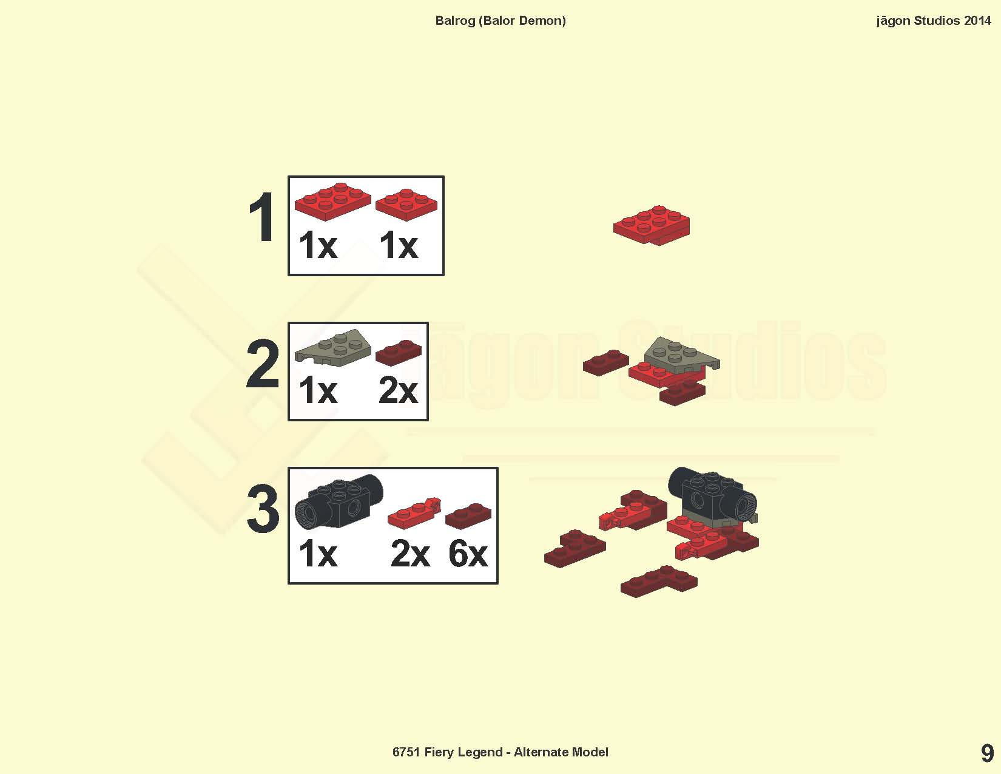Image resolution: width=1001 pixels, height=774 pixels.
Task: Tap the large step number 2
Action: [263, 364]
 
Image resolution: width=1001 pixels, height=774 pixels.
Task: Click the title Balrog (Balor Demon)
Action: [500, 21]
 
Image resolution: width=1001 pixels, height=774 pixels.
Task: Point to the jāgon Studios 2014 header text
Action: [934, 21]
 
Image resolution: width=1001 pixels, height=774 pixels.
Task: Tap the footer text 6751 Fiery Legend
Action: [447, 752]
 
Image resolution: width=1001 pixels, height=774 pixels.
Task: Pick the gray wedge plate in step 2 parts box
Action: [332, 348]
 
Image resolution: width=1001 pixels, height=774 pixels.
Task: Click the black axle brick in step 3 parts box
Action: [339, 501]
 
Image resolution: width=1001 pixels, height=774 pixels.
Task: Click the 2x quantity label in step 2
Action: [398, 390]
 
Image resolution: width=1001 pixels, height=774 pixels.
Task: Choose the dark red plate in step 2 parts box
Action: [399, 353]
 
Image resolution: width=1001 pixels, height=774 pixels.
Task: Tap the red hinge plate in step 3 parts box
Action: [414, 512]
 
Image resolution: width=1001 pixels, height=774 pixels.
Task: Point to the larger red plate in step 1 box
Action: [332, 202]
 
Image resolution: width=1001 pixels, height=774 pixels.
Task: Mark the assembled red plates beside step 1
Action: [652, 225]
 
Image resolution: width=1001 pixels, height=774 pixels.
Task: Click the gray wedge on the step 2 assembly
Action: [681, 356]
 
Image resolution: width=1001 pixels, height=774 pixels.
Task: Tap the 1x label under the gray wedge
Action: [318, 390]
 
